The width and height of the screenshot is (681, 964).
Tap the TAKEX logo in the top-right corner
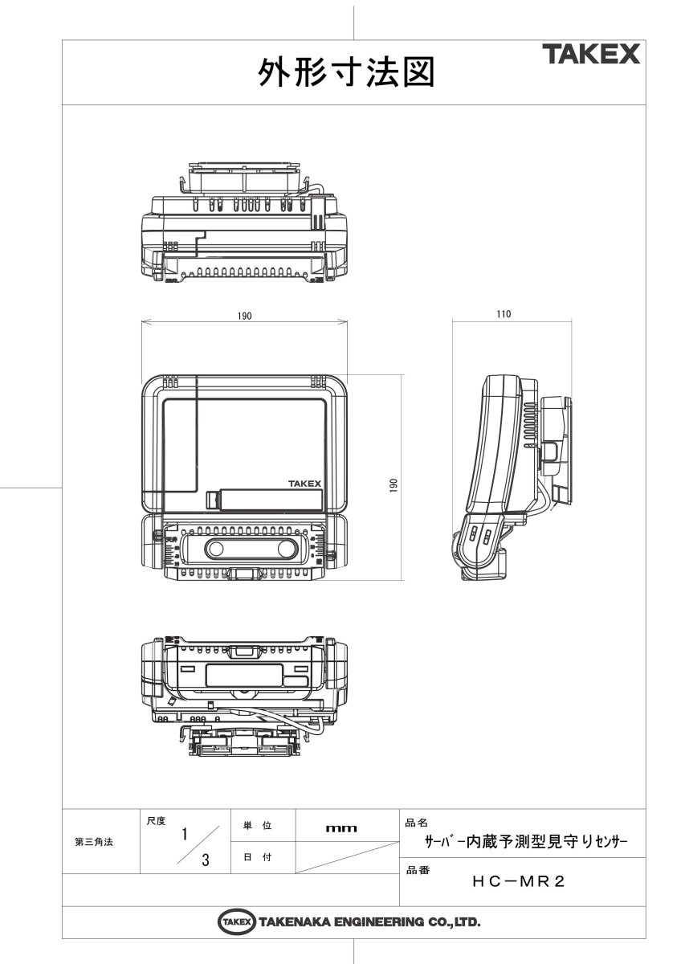point(590,55)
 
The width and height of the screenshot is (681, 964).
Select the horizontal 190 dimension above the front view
point(244,317)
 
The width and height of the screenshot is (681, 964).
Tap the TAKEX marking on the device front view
point(304,484)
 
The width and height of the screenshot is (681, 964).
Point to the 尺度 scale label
point(156,820)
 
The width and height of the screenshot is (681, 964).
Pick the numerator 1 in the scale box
point(185,834)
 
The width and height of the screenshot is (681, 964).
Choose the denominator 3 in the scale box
point(206,860)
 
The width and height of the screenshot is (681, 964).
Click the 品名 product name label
point(417,823)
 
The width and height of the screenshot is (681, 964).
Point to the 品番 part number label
point(417,870)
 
